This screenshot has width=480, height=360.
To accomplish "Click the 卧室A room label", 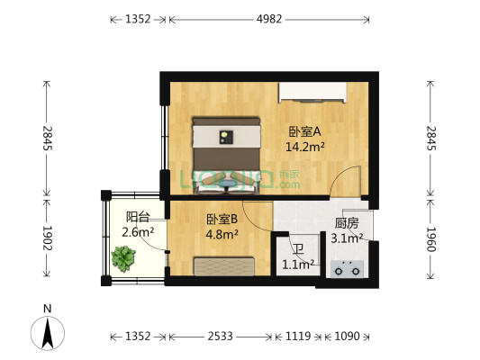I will point(305,130).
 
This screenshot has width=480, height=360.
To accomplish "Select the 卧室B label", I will point(222,219).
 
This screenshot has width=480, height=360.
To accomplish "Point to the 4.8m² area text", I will point(222,235).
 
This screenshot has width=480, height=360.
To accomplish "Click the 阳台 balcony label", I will point(138,216).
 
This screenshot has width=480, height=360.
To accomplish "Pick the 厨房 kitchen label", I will point(347,223).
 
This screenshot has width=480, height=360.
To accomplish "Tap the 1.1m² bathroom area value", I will point(297,265).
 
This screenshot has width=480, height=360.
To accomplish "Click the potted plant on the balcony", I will point(123,260).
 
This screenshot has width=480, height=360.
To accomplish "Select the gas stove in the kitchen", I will point(347,266).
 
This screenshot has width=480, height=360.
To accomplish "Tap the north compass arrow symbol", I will point(49,335).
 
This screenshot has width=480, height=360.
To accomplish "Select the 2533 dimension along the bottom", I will point(220,337).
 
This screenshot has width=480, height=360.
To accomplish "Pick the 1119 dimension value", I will point(298,337).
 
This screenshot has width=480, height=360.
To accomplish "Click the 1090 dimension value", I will point(347,337).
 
